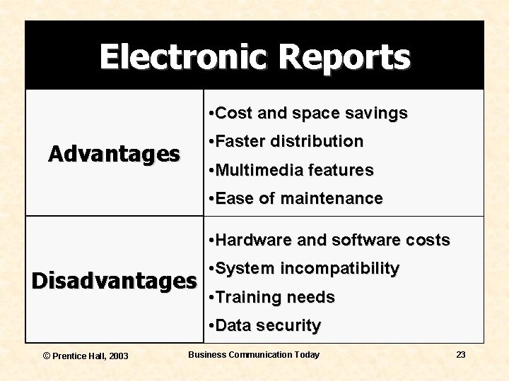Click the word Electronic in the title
point(183,56)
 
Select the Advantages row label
point(114,154)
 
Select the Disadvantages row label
point(115,281)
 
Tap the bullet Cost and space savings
point(308,113)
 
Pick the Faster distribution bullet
point(286,141)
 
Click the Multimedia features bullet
point(291,170)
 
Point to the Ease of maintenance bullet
point(296,198)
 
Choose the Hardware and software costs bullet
point(329,240)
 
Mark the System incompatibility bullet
point(305,268)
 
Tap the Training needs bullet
point(272,297)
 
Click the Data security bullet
point(265,325)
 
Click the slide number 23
point(460,354)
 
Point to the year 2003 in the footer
point(118,356)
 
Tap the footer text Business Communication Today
point(253,354)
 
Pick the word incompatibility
point(340,268)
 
